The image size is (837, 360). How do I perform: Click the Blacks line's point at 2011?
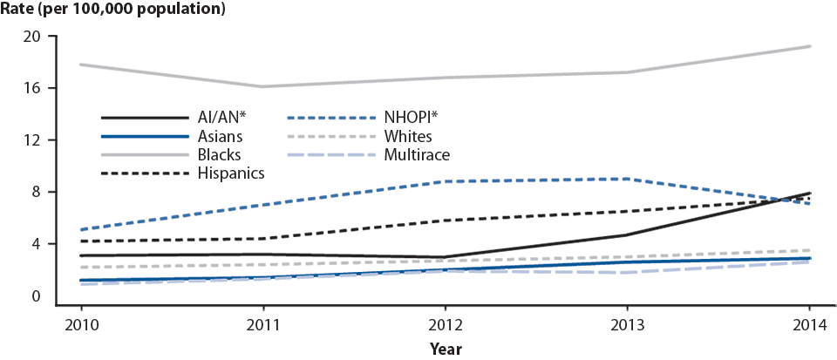[x=263, y=86]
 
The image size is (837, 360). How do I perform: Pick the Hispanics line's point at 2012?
[x=446, y=221]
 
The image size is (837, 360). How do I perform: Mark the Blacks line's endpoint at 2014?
[x=810, y=46]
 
